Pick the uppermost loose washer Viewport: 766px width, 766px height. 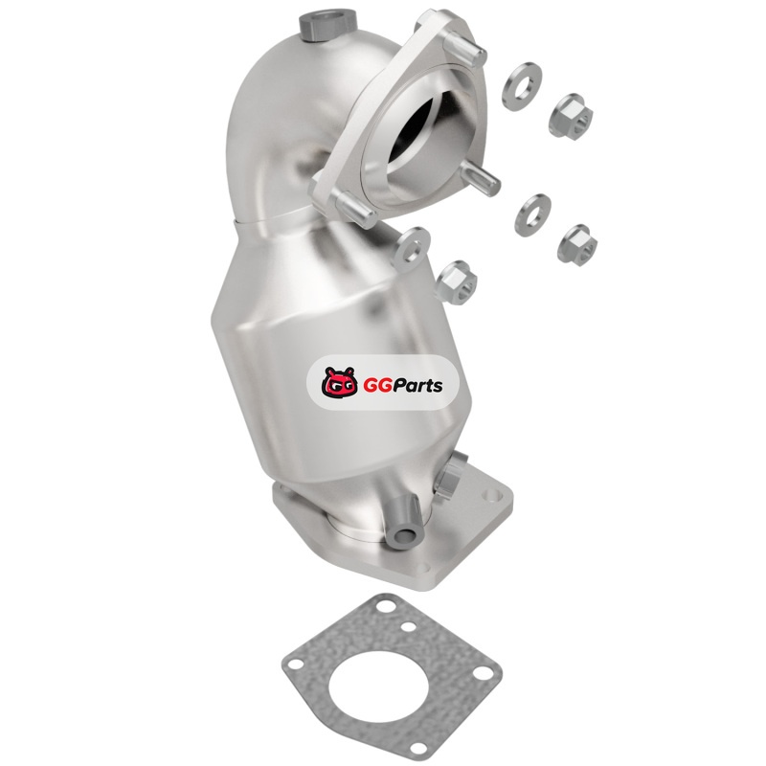click(521, 86)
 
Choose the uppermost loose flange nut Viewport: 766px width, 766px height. click(571, 116)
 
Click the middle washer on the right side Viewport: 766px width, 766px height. click(532, 214)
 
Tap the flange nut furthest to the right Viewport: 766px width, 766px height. click(578, 242)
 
